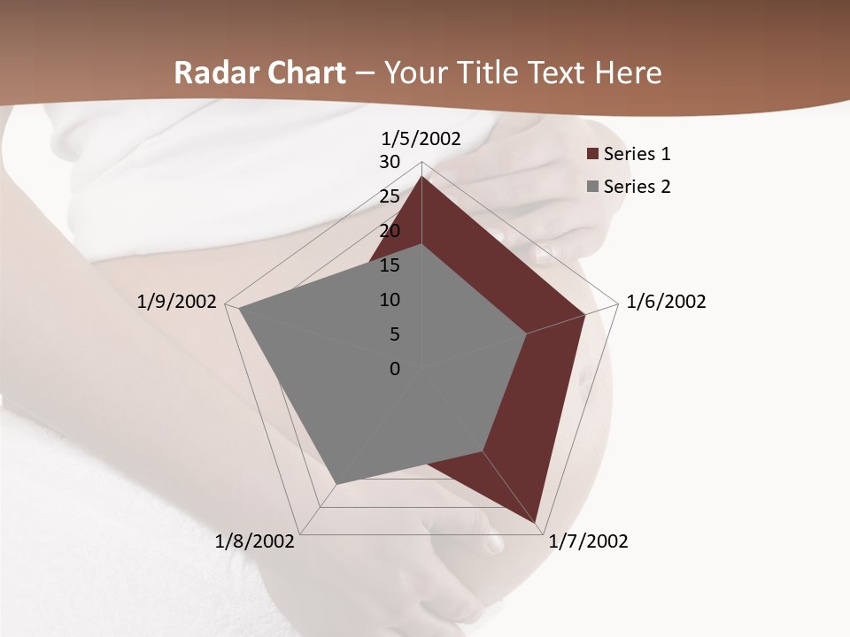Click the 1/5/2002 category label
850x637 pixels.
[421, 138]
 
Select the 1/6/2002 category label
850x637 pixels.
[666, 302]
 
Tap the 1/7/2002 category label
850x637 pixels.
[588, 541]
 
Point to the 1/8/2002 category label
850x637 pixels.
[255, 541]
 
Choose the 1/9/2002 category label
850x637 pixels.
[177, 302]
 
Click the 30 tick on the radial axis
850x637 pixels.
[390, 162]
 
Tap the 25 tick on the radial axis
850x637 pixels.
[390, 196]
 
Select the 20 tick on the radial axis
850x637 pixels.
[390, 231]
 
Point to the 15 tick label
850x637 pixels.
[390, 265]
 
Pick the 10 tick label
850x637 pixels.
[390, 300]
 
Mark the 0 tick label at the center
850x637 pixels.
[395, 369]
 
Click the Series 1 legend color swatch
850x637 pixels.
[592, 155]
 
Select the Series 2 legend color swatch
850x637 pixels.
[592, 187]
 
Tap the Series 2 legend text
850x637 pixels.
[637, 187]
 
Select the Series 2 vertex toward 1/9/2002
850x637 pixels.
[240, 309]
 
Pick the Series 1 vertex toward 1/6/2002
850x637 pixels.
[584, 314]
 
